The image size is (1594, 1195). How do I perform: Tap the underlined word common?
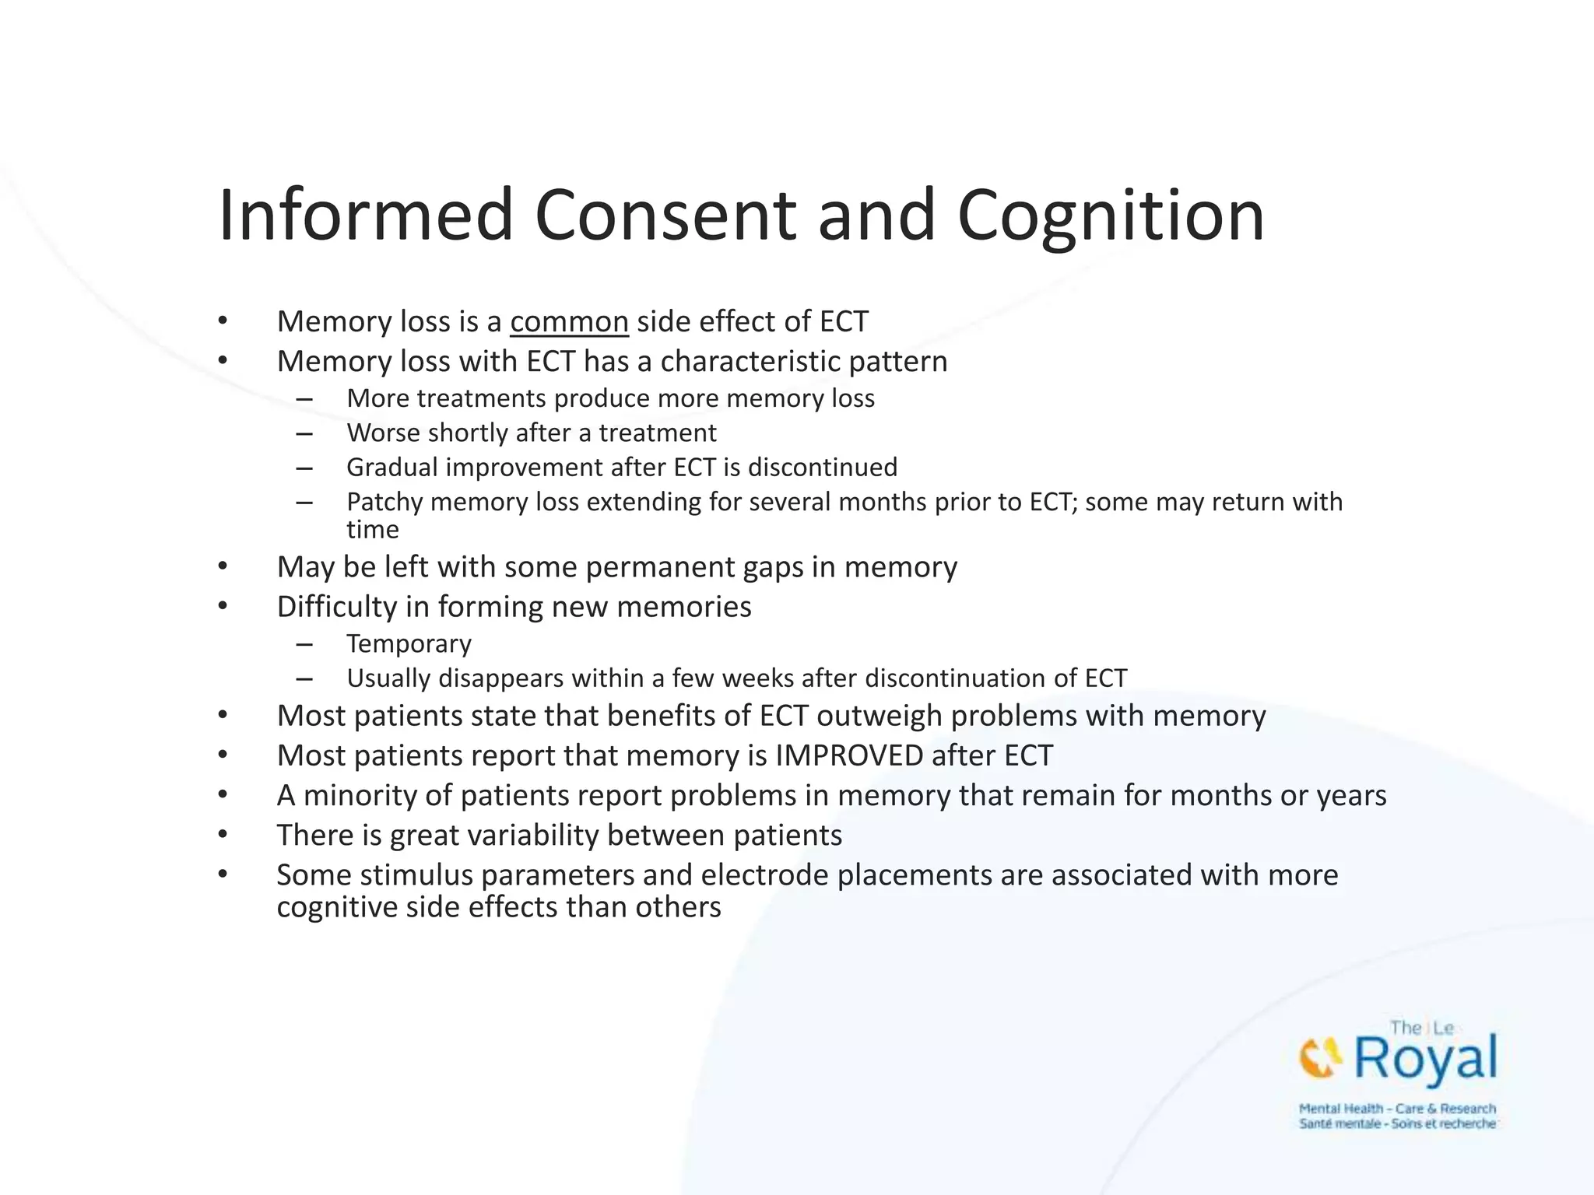pos(569,322)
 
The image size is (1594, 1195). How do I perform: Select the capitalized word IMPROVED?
pos(849,756)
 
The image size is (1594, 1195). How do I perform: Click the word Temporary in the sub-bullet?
pos(409,644)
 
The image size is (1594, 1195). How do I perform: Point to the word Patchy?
pos(384,503)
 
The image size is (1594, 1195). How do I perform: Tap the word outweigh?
pos(879,716)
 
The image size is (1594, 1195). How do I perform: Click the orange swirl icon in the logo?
pos(1320,1058)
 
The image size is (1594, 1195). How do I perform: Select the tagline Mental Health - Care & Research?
pos(1396,1109)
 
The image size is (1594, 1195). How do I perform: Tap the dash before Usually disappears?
pos(304,678)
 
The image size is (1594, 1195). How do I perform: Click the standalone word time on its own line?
pos(372,530)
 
